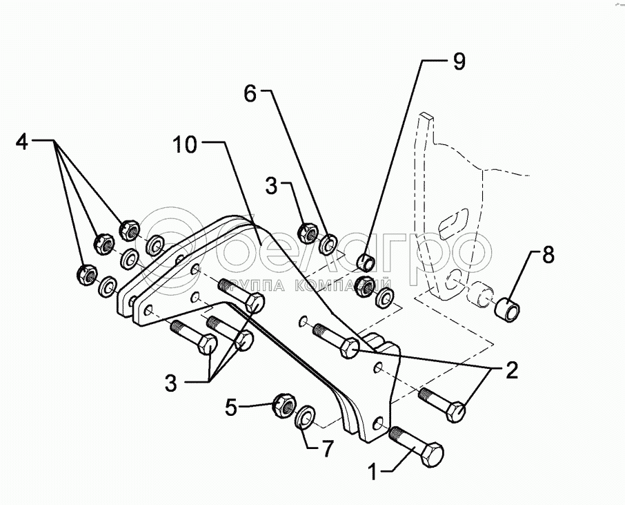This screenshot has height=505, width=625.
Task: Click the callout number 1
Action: pos(373,475)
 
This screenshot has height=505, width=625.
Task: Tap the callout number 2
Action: pos(511,372)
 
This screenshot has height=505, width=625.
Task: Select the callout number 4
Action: pos(23,142)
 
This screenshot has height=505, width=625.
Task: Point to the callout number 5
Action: pos(231,407)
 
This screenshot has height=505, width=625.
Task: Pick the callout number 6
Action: pos(250,94)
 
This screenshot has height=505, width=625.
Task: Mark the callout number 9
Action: pos(459,61)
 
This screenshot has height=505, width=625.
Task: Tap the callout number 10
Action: pos(185,145)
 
